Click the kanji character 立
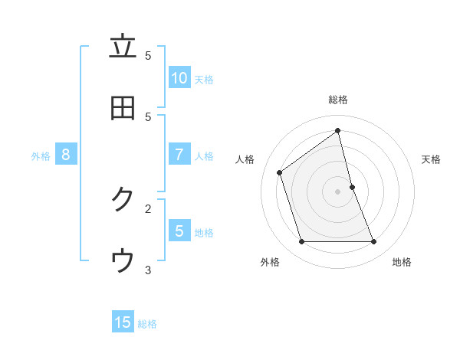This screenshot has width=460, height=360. (123, 47)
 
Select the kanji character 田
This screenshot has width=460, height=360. (123, 108)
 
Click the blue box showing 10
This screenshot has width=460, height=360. (179, 78)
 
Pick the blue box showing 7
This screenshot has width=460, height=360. (179, 155)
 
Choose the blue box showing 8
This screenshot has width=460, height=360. (66, 155)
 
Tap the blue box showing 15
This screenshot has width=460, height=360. (123, 322)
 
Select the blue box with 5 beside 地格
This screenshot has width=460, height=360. (179, 231)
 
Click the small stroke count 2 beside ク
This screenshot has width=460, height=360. (148, 208)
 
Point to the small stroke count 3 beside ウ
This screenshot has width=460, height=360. (148, 269)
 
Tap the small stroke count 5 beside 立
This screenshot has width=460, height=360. (148, 55)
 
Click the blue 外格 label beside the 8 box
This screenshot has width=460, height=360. (41, 156)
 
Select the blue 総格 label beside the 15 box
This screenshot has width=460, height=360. (147, 324)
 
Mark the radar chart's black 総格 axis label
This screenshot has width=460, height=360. (338, 100)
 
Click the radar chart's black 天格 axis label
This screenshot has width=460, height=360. (432, 159)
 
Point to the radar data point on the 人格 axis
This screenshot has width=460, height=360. (280, 172)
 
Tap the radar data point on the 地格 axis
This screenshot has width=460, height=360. (374, 242)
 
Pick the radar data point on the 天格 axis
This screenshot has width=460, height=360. (353, 187)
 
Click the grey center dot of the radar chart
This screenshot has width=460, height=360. (338, 191)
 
